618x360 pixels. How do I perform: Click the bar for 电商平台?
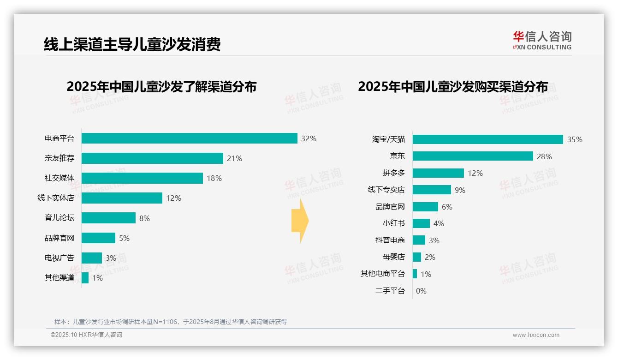189,138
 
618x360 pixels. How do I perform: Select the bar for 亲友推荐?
152,158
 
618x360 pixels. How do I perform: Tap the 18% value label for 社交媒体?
214,178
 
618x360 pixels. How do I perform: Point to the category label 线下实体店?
56,198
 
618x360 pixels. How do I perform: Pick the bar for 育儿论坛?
108,218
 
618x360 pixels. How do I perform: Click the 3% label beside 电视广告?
111,258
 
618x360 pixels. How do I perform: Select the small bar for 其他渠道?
85,278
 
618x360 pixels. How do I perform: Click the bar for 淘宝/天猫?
487,139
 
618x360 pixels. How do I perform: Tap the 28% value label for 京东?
544,156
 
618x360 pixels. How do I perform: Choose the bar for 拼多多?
438,173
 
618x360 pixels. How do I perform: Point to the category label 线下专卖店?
386,190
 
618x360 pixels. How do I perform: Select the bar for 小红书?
421,223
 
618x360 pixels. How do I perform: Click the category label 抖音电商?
390,240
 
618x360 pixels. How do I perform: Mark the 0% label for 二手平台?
421,291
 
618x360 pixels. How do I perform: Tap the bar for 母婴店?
417,257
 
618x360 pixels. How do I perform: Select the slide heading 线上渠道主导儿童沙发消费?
132,44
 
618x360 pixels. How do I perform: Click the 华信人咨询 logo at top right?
542,40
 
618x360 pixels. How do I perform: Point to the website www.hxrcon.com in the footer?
536,335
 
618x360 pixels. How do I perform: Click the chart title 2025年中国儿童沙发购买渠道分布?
453,87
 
